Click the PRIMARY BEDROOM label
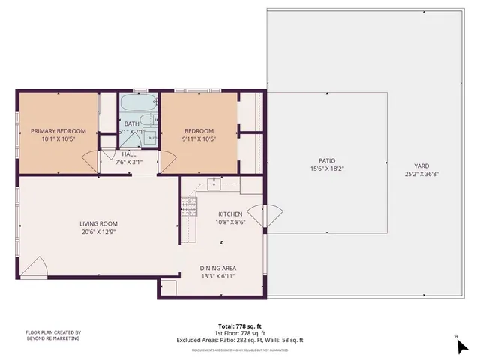pos(58,130)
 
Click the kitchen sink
pos(214,181)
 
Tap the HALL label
pos(128,154)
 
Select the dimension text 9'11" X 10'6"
pos(199,139)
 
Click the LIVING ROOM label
pos(99,223)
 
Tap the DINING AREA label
pos(217,268)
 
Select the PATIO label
pos(326,160)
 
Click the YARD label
pos(422,166)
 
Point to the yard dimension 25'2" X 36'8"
pos(422,175)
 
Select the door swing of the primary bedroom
pos(90,160)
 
